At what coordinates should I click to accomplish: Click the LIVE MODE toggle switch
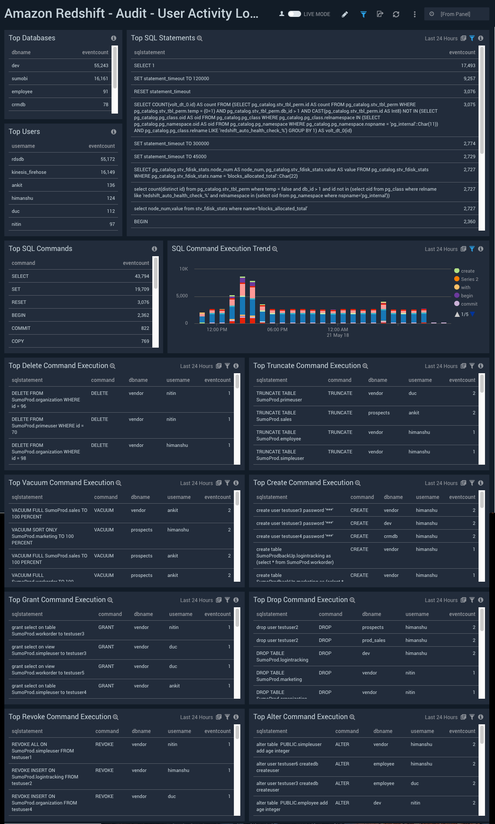pyautogui.click(x=295, y=14)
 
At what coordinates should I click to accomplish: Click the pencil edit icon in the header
pyautogui.click(x=344, y=14)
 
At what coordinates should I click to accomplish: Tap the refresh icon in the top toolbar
pyautogui.click(x=396, y=14)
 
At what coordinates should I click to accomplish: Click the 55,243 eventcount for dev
pyautogui.click(x=101, y=65)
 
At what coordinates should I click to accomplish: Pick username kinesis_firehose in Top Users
pyautogui.click(x=29, y=172)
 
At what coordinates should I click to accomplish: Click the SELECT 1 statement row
pyautogui.click(x=144, y=65)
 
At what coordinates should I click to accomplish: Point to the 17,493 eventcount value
pyautogui.click(x=468, y=65)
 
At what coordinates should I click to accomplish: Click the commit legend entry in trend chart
pyautogui.click(x=469, y=304)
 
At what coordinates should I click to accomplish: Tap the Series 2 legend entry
pyautogui.click(x=469, y=279)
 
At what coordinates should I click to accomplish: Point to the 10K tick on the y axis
pyautogui.click(x=184, y=269)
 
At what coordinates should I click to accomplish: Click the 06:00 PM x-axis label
pyautogui.click(x=277, y=329)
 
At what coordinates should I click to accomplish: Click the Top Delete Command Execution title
pyautogui.click(x=58, y=365)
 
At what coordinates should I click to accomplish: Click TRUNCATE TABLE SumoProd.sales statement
pyautogui.click(x=276, y=416)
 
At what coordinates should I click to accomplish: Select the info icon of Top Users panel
pyautogui.click(x=114, y=132)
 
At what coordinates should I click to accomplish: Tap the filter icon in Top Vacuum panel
pyautogui.click(x=227, y=483)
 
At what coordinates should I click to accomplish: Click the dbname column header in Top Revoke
pyautogui.click(x=141, y=731)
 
